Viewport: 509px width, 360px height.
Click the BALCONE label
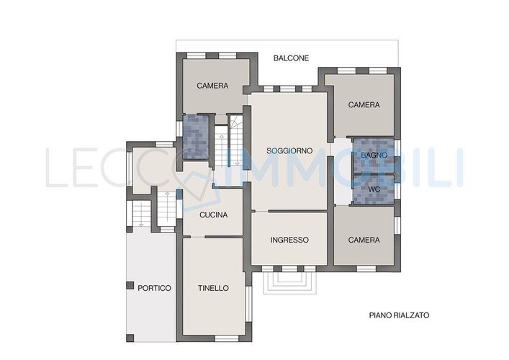click(291, 58)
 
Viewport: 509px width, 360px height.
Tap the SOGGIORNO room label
click(289, 151)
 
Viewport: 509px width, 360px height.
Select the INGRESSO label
click(289, 240)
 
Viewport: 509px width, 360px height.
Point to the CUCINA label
click(214, 215)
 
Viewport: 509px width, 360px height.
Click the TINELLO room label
click(213, 288)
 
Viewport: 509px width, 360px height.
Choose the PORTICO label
click(154, 288)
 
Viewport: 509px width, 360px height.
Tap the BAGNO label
click(374, 156)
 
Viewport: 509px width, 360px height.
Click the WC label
click(374, 189)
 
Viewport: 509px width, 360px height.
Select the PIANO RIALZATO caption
click(399, 315)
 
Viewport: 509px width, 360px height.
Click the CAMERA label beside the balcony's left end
click(212, 86)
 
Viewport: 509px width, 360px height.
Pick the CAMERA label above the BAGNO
click(364, 105)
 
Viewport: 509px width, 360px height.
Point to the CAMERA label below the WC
click(364, 240)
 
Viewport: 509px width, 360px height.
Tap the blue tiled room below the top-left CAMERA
click(196, 137)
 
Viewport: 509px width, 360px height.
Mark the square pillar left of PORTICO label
click(130, 285)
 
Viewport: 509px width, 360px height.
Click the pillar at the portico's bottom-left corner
click(130, 338)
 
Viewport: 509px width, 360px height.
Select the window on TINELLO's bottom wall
click(227, 338)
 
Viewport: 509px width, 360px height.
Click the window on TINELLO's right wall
click(248, 304)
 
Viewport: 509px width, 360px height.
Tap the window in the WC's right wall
click(397, 191)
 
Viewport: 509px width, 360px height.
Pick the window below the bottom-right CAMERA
click(366, 269)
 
